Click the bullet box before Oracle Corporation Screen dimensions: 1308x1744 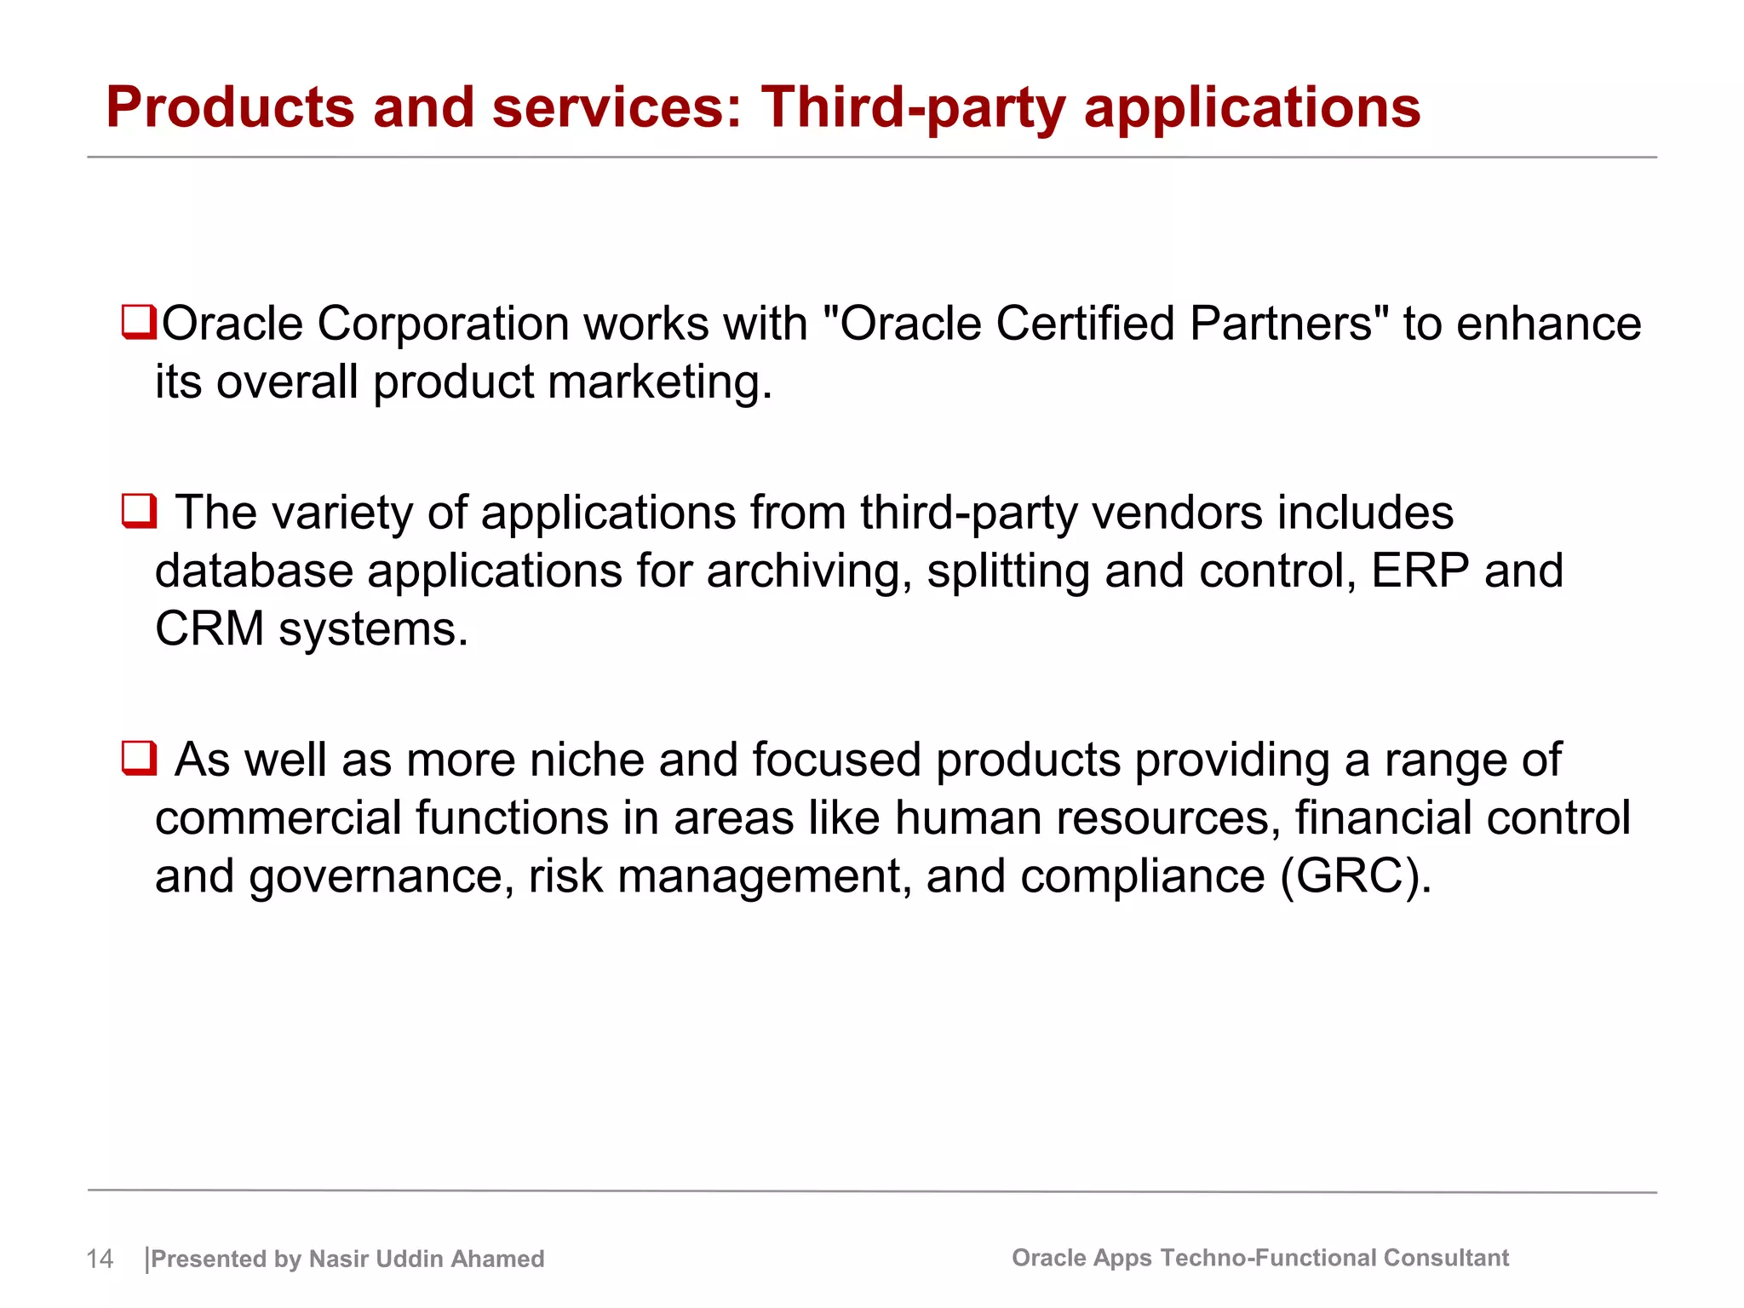(x=138, y=322)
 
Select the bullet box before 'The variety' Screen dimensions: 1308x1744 (x=139, y=512)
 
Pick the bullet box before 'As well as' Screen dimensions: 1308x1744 (x=139, y=758)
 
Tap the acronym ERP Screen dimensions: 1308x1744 (x=1420, y=571)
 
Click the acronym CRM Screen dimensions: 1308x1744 (x=209, y=629)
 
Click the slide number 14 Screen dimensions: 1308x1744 (x=100, y=1259)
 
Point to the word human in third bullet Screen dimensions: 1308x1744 (x=968, y=818)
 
